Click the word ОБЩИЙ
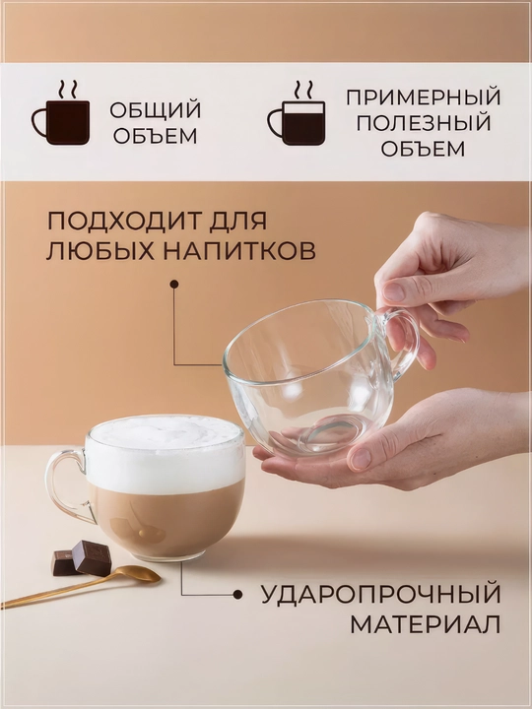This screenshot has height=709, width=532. tap(156, 110)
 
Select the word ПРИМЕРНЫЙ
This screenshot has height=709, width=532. tap(424, 97)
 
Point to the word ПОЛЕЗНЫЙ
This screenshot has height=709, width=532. tap(424, 122)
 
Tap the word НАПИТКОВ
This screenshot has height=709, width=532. tap(239, 251)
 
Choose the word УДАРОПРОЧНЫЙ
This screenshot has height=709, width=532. tap(381, 595)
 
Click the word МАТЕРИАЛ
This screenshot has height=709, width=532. tap(426, 625)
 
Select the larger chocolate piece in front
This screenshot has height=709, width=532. tap(92, 557)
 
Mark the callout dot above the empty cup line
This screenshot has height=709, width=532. tap(174, 284)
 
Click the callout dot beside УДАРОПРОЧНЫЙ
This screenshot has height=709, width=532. tap(237, 595)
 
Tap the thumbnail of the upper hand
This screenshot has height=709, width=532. tap(393, 291)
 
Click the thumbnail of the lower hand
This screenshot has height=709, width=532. tap(361, 459)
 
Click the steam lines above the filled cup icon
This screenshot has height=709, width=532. tap(67, 90)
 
